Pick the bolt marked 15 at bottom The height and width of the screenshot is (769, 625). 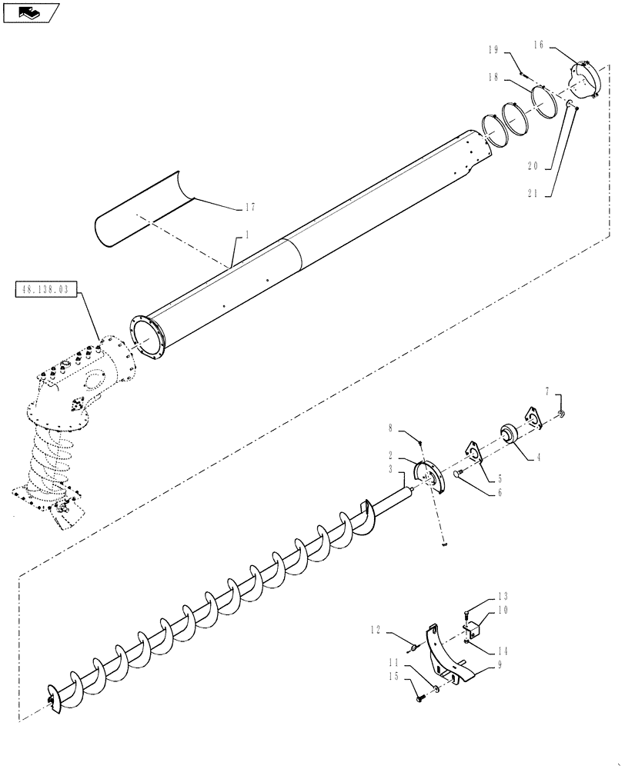(421, 697)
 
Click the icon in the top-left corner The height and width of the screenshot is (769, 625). (31, 12)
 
